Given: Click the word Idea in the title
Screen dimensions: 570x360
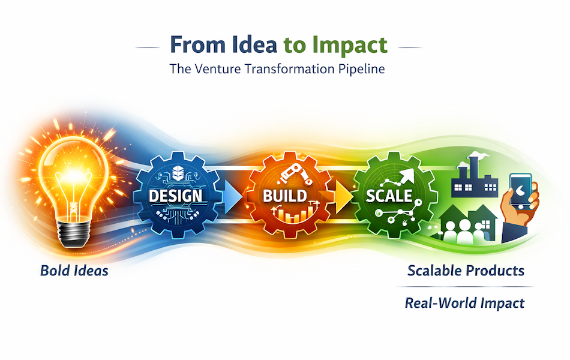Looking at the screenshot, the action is (x=254, y=45).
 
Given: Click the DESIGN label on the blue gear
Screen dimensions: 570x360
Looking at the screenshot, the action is (x=176, y=196).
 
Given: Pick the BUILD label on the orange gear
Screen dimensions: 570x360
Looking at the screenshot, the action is (x=285, y=196).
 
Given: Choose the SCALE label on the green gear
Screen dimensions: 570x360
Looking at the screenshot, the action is (x=389, y=196).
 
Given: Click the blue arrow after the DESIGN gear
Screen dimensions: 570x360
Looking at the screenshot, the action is (x=233, y=197).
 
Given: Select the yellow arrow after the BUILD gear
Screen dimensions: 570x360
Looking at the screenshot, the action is (x=344, y=197).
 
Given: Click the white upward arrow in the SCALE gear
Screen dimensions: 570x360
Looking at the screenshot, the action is (x=406, y=177).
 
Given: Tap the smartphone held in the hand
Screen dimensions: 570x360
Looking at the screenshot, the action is (x=521, y=191).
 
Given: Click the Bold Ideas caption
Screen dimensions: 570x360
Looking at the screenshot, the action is (x=74, y=271).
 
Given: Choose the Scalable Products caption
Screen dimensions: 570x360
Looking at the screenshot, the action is (x=466, y=271).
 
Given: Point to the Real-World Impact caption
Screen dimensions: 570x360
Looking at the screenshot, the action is (x=464, y=303).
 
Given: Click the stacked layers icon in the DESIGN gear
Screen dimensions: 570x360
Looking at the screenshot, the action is (x=178, y=173).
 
